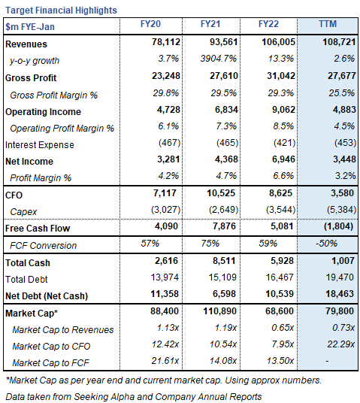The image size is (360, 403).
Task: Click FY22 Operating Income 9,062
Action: point(275,111)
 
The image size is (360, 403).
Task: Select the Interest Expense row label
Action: point(38,144)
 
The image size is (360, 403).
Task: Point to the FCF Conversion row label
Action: point(43,244)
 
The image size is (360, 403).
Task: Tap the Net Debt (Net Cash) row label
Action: point(50,294)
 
